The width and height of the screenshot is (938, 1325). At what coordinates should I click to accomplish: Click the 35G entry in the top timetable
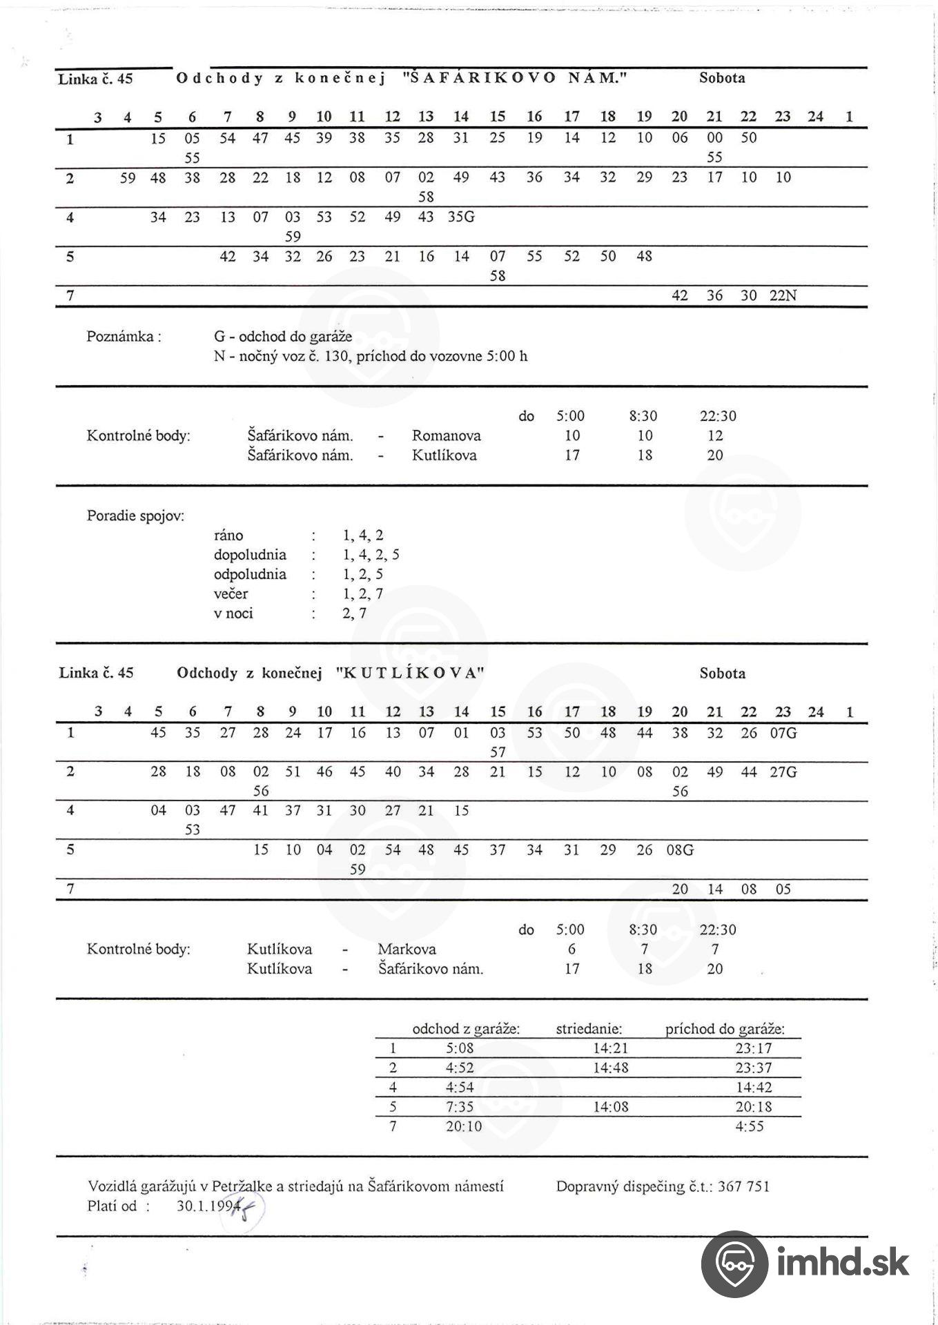point(461,217)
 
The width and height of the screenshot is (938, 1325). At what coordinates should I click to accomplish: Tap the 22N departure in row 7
point(783,296)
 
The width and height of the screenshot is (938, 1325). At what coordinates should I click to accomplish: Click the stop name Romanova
point(446,435)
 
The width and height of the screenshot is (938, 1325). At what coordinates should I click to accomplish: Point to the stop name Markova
point(407,949)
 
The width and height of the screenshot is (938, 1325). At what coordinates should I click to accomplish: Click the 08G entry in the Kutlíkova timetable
point(679,850)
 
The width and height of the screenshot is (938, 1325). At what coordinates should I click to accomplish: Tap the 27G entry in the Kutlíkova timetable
point(783,772)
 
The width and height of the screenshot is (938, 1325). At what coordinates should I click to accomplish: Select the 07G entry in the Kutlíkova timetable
point(783,733)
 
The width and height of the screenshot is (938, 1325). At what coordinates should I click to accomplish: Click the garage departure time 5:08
point(460,1048)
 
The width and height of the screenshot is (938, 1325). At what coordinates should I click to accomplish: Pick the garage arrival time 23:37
point(754,1068)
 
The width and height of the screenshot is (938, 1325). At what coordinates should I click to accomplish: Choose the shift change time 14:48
point(611,1068)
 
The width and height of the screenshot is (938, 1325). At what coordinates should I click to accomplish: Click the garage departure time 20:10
point(464,1127)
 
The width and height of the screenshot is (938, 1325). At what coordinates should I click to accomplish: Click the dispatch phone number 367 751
point(743,1186)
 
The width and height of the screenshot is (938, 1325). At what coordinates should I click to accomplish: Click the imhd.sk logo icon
point(734,1263)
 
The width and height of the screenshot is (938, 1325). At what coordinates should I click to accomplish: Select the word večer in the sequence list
point(231,593)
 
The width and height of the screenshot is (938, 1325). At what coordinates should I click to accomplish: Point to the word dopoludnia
point(250,555)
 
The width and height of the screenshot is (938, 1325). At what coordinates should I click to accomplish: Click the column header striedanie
point(589,1029)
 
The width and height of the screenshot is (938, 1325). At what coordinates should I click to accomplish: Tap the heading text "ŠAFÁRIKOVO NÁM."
point(514,78)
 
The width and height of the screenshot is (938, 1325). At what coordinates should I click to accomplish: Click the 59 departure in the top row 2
point(128,178)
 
